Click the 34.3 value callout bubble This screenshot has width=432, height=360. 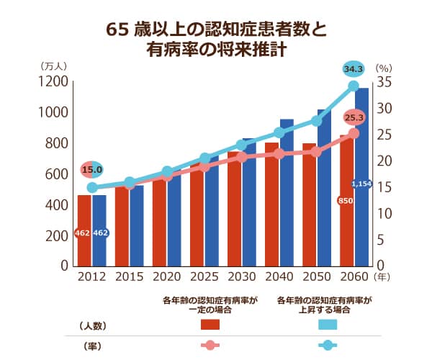click(353, 69)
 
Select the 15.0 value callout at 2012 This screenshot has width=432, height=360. click(92, 170)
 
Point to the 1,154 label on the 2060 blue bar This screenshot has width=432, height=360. click(361, 184)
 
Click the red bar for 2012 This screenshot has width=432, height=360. click(84, 230)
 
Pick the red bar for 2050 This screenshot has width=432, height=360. click(309, 205)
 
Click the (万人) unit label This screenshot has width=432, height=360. click(55, 66)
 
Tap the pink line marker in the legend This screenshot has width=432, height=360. click(209, 346)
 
